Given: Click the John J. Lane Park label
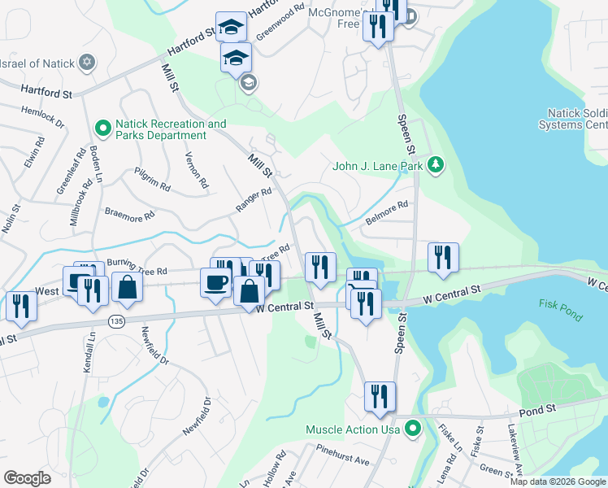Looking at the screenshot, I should click(379, 166).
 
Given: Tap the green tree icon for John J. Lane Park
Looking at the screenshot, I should click(436, 166).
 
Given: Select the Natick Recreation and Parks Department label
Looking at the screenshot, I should click(170, 129).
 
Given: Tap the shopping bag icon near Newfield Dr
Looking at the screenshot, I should click(128, 286).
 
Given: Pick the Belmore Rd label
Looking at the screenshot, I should click(386, 213).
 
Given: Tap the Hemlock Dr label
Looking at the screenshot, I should click(43, 116).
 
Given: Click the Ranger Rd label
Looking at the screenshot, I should click(253, 200).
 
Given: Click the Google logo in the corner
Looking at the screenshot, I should click(27, 478).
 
